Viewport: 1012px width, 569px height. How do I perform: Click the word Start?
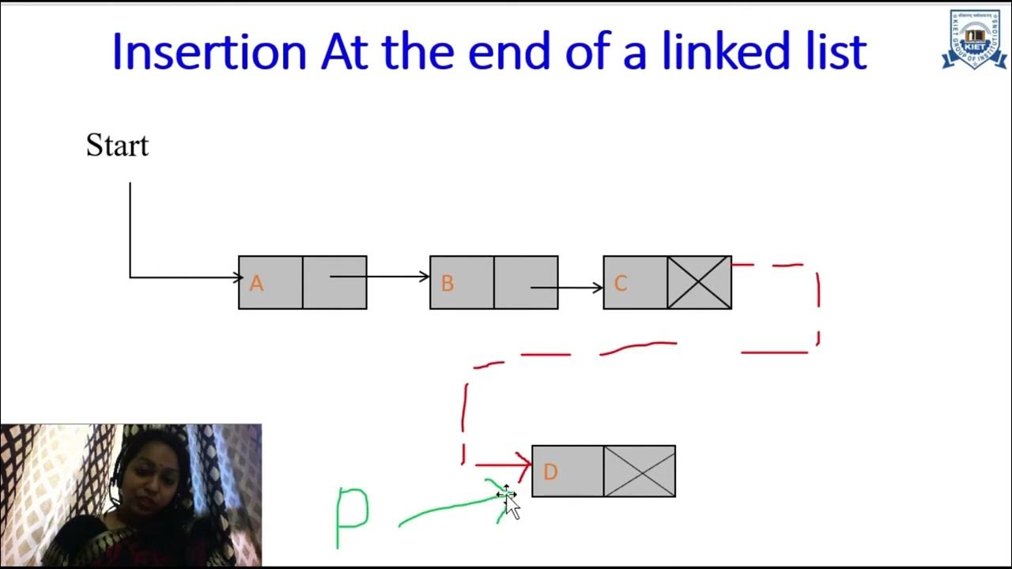[117, 146]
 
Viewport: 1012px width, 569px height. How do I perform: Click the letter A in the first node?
[256, 284]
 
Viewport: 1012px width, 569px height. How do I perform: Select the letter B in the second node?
[447, 284]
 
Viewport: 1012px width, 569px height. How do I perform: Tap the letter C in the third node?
[621, 284]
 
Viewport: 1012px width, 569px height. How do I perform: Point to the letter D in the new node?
[550, 472]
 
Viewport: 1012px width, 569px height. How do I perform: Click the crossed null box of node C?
[699, 282]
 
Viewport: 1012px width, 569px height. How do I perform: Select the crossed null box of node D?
[639, 471]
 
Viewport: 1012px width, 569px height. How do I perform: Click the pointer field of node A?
[334, 282]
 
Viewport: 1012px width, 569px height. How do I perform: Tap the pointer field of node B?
[526, 282]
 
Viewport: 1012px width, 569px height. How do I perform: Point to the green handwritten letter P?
[352, 514]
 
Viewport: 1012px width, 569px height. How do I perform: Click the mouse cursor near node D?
[512, 505]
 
